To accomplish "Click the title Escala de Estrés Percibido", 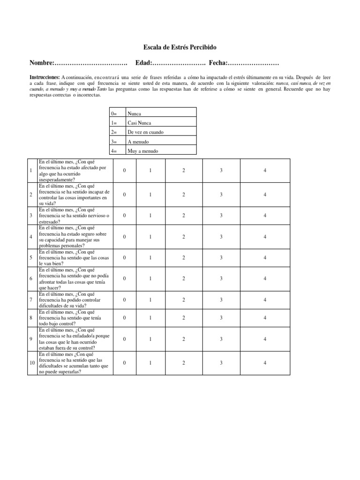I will point(180,48).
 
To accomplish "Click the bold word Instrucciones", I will point(44,77).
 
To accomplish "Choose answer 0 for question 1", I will point(124,171).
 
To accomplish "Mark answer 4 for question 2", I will point(265,195).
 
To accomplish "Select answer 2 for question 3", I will point(184,216).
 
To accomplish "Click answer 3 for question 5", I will point(221,258).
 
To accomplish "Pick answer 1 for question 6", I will point(150,279).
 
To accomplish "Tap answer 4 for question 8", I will point(265,318).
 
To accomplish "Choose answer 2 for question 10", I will point(184,363).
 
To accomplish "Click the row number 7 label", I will point(30,300).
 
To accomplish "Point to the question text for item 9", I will point(75,338).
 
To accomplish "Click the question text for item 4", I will point(75,236).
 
